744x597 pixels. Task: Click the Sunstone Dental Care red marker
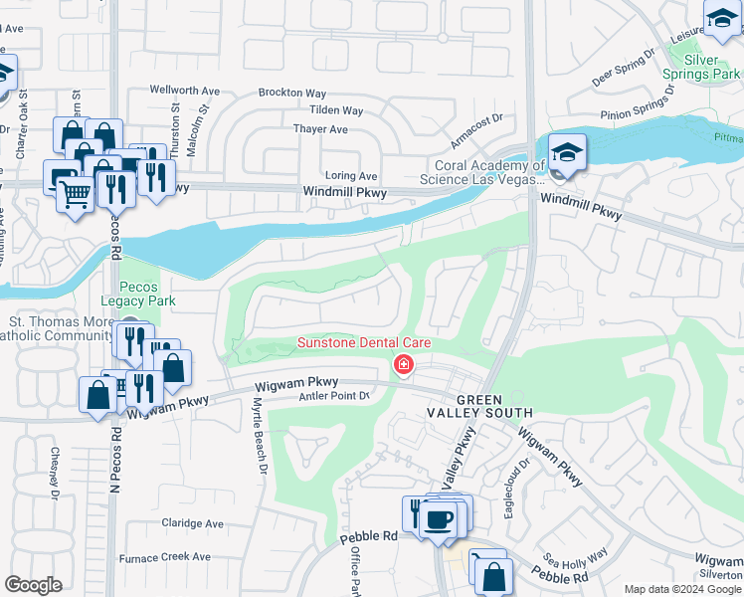point(403,365)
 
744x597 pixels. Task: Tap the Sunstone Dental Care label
point(364,343)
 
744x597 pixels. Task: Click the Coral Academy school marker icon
point(567,153)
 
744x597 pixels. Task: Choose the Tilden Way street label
point(335,110)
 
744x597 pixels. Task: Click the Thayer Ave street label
point(320,129)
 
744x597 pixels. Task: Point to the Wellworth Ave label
point(184,90)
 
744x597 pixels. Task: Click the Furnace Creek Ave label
point(174,557)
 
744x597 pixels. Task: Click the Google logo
point(34,585)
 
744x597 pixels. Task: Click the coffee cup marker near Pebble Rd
point(439,518)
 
